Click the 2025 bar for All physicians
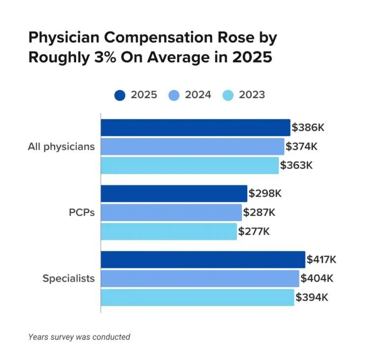click(x=196, y=128)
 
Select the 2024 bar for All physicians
click(x=193, y=147)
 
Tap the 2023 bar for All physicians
click(x=190, y=166)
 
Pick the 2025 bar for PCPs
click(x=174, y=194)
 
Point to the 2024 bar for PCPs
click(x=171, y=213)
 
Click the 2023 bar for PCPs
click(x=169, y=232)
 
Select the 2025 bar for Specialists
click(x=203, y=259)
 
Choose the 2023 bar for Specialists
click(x=198, y=297)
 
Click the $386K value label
click(x=308, y=127)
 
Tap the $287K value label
click(x=259, y=212)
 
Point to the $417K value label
click(x=321, y=259)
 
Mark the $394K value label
click(x=312, y=297)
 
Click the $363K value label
click(x=296, y=166)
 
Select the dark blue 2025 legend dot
click(x=120, y=95)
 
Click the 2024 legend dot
click(x=174, y=95)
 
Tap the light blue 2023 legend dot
click(x=228, y=95)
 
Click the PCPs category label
click(x=82, y=213)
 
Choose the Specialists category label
click(x=69, y=278)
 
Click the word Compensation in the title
click(x=158, y=38)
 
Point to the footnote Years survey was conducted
click(x=79, y=337)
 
